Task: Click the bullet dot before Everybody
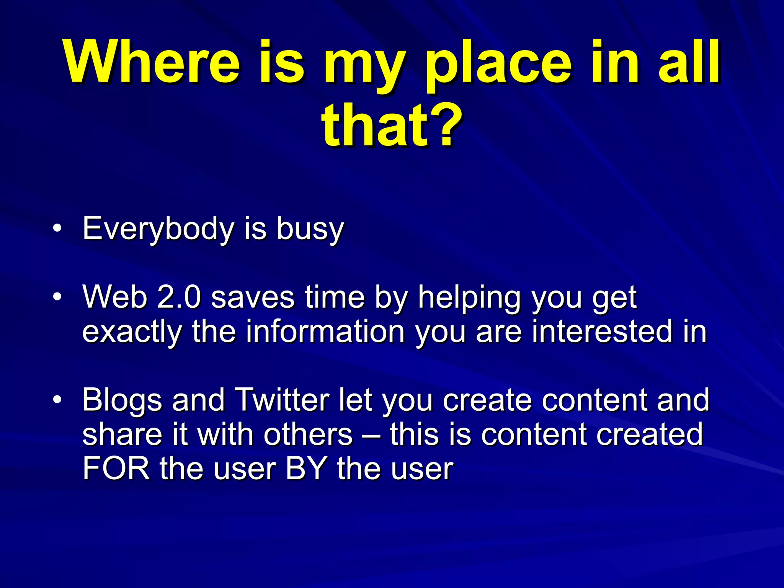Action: [57, 229]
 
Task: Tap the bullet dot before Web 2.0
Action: [57, 297]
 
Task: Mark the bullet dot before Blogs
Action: [57, 399]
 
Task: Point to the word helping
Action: [469, 298]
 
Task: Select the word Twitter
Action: [282, 400]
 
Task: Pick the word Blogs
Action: [122, 400]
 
